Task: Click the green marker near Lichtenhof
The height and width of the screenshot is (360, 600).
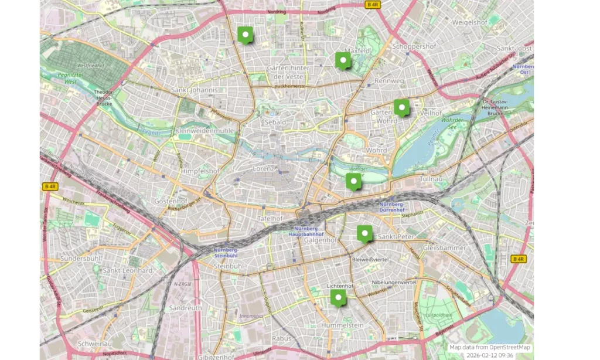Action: (339, 298)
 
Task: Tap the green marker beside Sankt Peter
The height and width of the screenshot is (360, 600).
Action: (366, 233)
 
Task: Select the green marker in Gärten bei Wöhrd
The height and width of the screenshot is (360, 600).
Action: (401, 107)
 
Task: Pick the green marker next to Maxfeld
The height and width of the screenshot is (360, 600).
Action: (343, 60)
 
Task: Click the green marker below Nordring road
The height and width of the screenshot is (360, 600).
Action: (246, 35)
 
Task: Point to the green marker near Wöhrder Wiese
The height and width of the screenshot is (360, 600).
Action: (354, 181)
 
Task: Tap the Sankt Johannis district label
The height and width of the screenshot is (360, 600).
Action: (195, 90)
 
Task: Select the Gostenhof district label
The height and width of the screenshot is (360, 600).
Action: (169, 201)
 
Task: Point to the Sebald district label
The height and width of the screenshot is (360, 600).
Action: (275, 122)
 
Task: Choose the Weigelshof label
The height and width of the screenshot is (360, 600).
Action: (470, 22)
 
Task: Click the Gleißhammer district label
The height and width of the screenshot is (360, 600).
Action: (445, 247)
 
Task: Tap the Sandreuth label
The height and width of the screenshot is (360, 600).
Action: (185, 307)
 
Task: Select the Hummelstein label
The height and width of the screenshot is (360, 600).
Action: (342, 325)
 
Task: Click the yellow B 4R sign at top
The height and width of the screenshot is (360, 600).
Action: (373, 4)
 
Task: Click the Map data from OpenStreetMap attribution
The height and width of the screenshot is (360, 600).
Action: (490, 347)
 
